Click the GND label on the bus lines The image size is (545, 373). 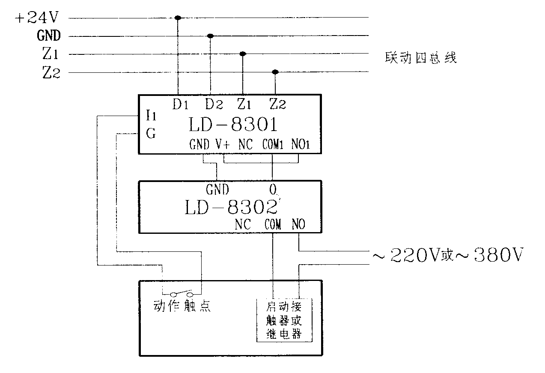click(x=49, y=36)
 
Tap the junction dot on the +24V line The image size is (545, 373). click(x=178, y=18)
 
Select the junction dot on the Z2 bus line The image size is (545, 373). click(x=275, y=72)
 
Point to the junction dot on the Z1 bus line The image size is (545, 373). click(x=243, y=54)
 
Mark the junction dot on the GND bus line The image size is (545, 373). click(x=210, y=36)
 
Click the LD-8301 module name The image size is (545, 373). click(x=233, y=125)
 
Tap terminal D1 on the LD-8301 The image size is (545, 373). click(x=180, y=104)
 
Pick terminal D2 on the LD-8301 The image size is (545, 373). click(x=213, y=104)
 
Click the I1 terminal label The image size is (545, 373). click(x=151, y=115)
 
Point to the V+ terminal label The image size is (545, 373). click(x=222, y=145)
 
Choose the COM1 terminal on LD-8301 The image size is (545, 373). click(x=273, y=145)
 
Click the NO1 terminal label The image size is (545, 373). click(x=300, y=145)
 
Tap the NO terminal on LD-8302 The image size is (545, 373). click(x=298, y=224)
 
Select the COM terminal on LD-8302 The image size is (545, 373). click(x=273, y=224)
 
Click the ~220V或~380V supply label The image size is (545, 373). click(x=447, y=256)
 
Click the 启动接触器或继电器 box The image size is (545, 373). click(x=283, y=320)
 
